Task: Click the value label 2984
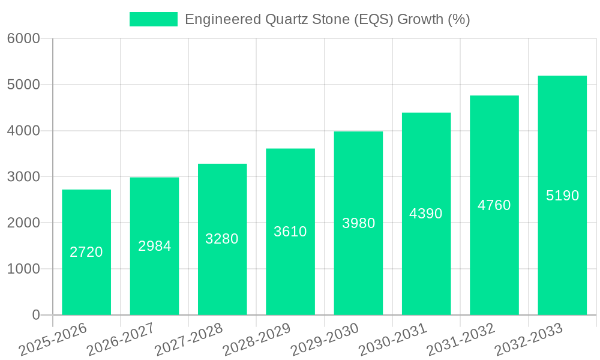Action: (x=155, y=246)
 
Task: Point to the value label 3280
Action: (x=222, y=239)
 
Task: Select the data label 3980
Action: (x=359, y=223)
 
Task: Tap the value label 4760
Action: (x=494, y=205)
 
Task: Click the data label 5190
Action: (x=563, y=196)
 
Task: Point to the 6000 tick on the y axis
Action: (x=23, y=38)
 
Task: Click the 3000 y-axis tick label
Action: (x=23, y=177)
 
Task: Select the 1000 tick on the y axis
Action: (x=23, y=269)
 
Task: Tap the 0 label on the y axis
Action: (x=35, y=315)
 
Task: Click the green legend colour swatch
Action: (x=154, y=19)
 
